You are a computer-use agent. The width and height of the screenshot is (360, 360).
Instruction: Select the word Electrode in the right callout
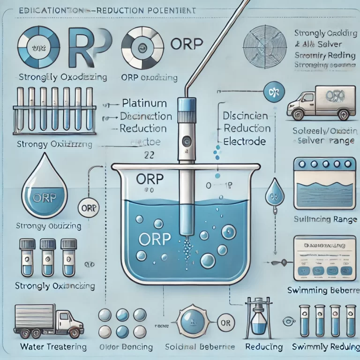[245, 141]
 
